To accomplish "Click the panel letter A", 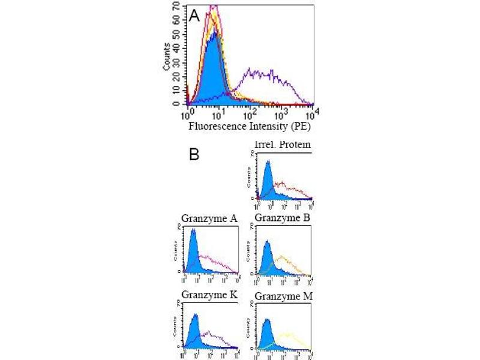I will (194, 17).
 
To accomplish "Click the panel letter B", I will (194, 155).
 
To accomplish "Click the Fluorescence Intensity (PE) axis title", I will (249, 127).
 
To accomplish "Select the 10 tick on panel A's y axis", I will (178, 89).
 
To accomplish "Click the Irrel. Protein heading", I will (282, 145).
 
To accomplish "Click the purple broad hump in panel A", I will (264, 75).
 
